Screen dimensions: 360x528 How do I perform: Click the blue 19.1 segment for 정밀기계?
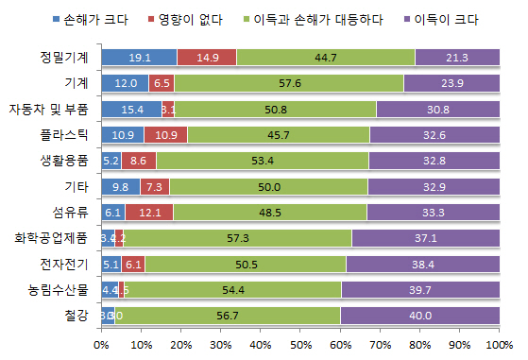point(139,58)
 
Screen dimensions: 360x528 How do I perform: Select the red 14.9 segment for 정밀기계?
point(207,58)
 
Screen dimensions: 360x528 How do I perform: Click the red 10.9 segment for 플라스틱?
point(166,134)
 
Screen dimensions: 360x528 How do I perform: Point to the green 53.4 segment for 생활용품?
point(263,160)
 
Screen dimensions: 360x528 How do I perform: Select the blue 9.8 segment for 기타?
point(120,186)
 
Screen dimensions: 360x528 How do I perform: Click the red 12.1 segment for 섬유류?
point(149,212)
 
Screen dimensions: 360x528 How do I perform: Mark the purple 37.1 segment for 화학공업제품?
point(426,237)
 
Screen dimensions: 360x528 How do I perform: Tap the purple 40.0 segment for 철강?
point(420,315)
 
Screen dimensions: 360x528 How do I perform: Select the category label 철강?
point(77,315)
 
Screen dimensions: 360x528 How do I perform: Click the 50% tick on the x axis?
point(300,345)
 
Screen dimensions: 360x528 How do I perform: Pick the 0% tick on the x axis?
point(101,345)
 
